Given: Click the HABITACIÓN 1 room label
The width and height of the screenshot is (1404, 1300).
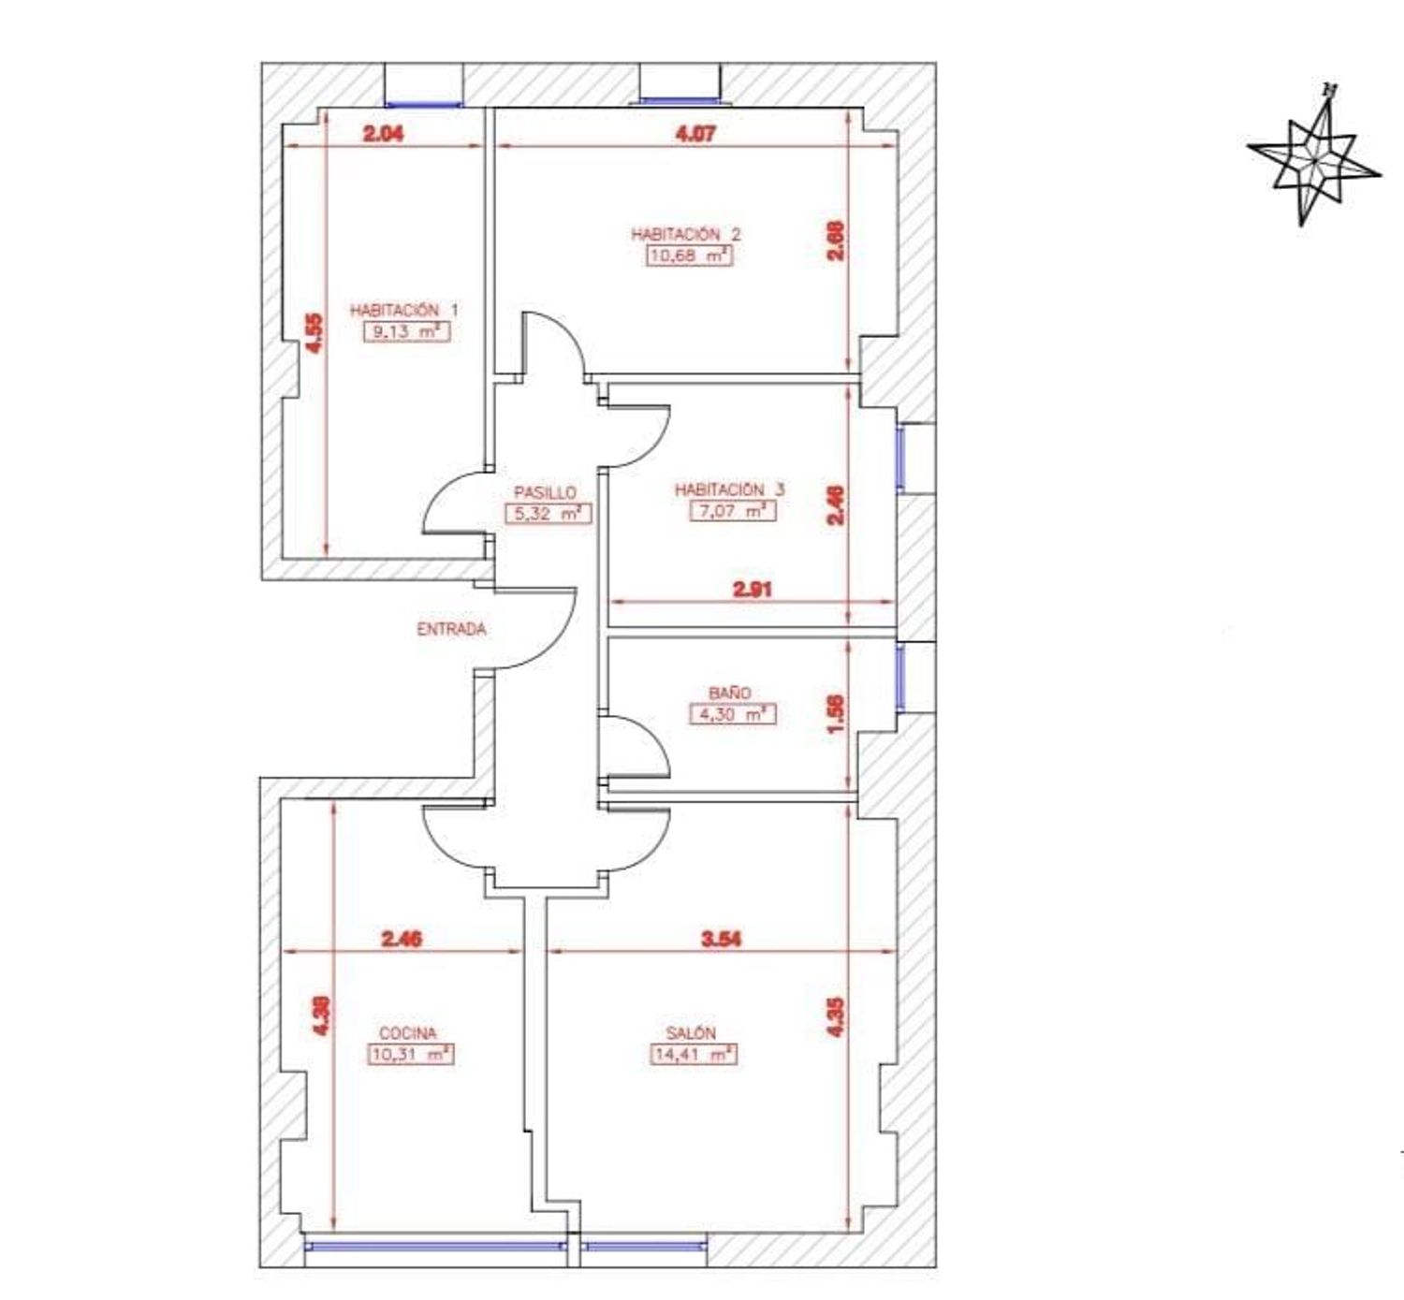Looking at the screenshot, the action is coord(403,310).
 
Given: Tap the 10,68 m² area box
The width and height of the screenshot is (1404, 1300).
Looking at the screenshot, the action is coord(689,256).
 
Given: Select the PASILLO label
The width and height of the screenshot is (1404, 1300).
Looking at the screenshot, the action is coord(545,492).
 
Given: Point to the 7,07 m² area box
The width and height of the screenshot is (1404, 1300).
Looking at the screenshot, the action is coord(732,510).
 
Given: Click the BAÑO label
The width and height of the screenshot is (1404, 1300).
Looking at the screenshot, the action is coord(729,693).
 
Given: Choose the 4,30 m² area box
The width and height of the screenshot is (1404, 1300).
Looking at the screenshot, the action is coord(732,714).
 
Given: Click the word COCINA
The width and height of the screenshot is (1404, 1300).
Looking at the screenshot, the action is coord(408,1032).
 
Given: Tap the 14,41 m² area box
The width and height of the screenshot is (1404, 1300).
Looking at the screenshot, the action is coord(693,1055).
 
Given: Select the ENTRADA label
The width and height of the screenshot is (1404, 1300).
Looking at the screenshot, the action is coord(451,629).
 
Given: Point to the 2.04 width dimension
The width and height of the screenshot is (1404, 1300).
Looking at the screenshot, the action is coord(383,133).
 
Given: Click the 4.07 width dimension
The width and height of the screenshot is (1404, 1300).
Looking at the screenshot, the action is coord(696,133).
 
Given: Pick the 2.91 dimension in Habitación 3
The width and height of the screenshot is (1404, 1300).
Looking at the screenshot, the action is coord(753,590).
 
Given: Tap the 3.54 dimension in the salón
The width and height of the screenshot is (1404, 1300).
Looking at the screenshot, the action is coord(721,939).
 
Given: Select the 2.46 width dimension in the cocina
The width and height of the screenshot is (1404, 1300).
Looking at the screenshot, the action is coord(401,939).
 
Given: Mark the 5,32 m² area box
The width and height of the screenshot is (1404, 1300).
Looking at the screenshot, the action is coord(548,513).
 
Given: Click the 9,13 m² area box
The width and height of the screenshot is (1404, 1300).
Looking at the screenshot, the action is coord(406,331).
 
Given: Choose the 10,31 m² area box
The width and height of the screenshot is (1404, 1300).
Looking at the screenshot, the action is coord(410,1055).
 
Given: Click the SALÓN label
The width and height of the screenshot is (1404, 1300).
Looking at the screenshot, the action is coord(691,1032).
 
